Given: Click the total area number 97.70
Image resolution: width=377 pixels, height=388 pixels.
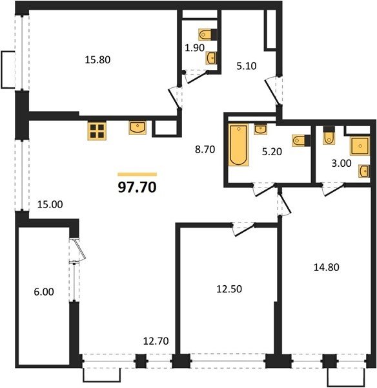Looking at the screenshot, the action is (x=137, y=188).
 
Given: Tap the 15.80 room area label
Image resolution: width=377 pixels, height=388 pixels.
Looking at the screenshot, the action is (x=97, y=60).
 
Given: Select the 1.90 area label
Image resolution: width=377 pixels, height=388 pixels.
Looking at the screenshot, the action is (x=195, y=48).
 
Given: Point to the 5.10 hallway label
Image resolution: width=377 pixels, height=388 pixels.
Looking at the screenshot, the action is (x=247, y=66).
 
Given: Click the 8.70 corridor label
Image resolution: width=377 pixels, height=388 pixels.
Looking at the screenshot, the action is (x=205, y=149).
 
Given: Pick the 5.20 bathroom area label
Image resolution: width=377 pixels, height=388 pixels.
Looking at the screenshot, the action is (x=272, y=152).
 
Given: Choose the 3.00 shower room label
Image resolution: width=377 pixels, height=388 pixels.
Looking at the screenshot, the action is (x=341, y=164).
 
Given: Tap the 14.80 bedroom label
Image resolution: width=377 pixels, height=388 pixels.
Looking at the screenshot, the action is (x=327, y=267).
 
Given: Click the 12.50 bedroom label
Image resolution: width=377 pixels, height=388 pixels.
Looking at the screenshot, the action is (x=229, y=289).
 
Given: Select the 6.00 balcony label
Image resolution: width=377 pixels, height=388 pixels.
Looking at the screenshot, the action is (x=44, y=292).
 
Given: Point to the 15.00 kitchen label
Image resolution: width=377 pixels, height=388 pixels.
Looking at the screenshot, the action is (x=50, y=204).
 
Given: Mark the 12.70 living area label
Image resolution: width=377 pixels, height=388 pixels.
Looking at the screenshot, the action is (x=156, y=341).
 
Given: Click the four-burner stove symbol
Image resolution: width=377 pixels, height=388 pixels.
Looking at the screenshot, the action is (x=97, y=131).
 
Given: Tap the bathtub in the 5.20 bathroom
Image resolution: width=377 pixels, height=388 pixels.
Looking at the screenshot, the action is (x=238, y=145).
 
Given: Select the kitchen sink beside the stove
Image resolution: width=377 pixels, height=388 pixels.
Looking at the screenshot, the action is (x=138, y=127).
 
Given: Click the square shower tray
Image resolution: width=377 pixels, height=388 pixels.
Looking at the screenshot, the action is (x=360, y=146).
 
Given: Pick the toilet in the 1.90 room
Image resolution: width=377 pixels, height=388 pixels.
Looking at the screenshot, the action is (x=208, y=34).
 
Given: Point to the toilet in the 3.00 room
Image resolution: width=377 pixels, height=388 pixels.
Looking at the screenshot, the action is (x=329, y=136).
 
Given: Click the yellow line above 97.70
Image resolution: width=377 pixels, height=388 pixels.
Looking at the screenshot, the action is (x=137, y=175).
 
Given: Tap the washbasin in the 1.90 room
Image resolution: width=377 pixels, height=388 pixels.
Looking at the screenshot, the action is (x=211, y=58).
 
